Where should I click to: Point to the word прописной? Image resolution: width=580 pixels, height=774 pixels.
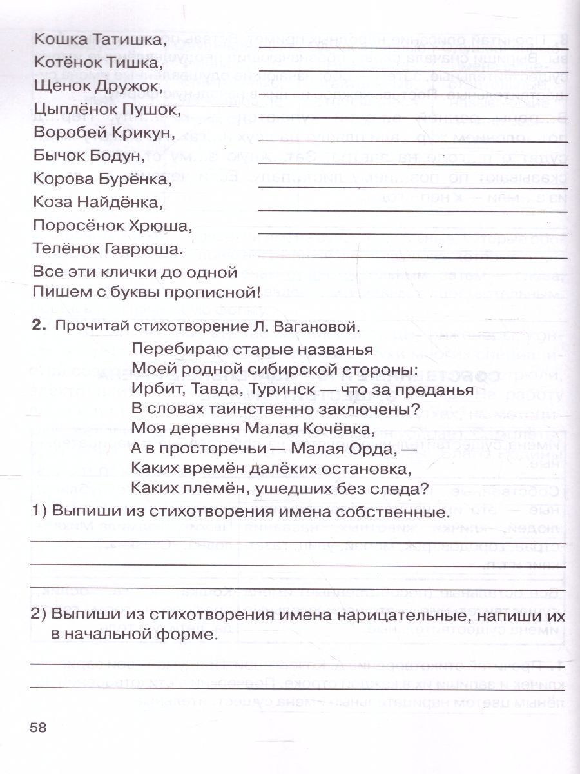tap(213, 292)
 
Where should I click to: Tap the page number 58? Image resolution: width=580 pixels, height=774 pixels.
tap(39, 728)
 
